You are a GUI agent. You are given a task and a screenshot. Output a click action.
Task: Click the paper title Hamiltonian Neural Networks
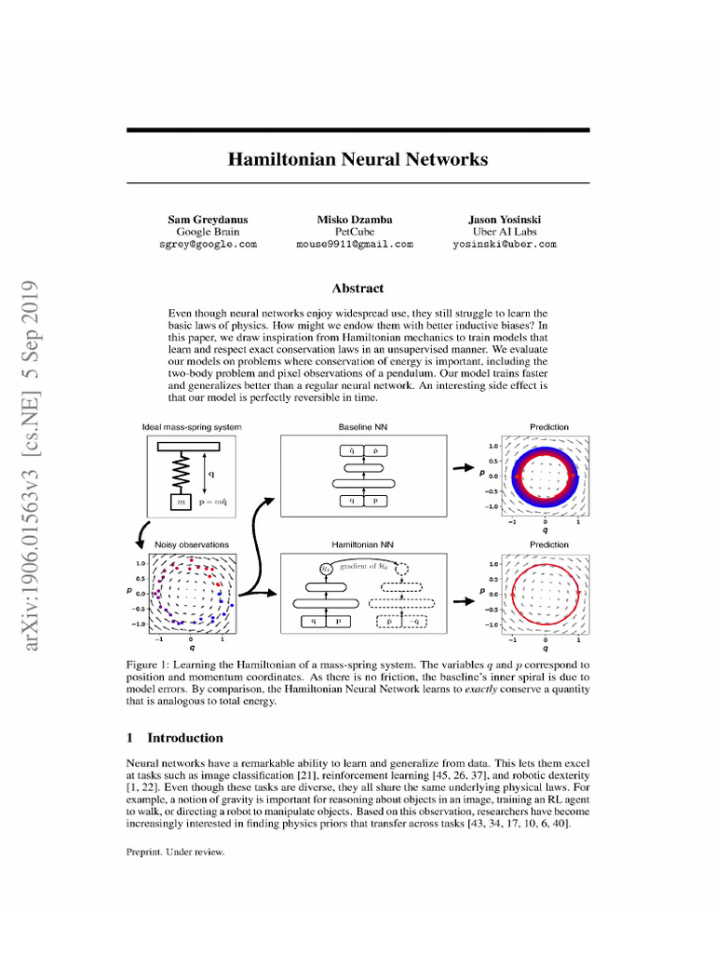[x=357, y=159]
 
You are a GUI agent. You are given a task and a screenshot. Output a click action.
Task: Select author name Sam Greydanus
[x=207, y=219]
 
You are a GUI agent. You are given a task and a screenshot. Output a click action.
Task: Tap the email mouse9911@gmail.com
[x=354, y=244]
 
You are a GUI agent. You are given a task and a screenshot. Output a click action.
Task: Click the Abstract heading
[x=357, y=289]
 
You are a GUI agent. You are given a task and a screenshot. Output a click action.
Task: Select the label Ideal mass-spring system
[x=192, y=427]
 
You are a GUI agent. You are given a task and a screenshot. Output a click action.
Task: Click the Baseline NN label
[x=357, y=427]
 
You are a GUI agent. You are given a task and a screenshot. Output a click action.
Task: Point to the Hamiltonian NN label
[x=357, y=544]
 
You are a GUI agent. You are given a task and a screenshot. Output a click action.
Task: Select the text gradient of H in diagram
[x=365, y=568]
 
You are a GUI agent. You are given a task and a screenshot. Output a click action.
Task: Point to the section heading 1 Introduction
[x=174, y=738]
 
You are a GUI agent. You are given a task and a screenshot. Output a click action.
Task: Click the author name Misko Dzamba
[x=354, y=219]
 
